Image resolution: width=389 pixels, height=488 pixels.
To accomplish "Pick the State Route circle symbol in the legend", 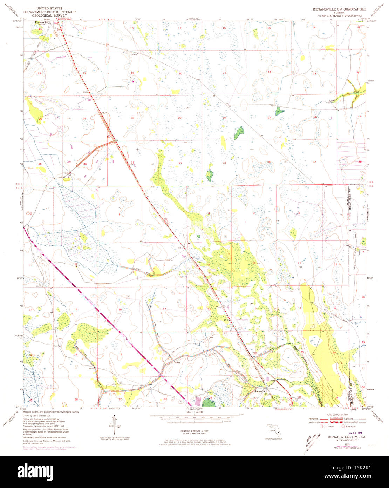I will tap(343, 426).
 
